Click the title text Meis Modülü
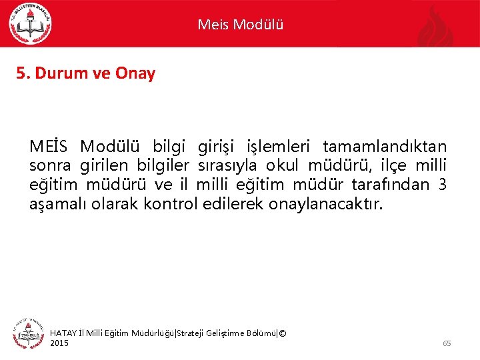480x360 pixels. pyautogui.click(x=240, y=25)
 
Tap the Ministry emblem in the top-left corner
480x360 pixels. pyautogui.click(x=30, y=24)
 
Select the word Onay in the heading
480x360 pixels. pyautogui.click(x=136, y=73)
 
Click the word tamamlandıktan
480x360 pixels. pyautogui.click(x=385, y=146)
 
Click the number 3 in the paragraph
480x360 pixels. pyautogui.click(x=442, y=185)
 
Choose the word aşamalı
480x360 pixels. pyautogui.click(x=55, y=204)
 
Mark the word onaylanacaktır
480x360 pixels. pyautogui.click(x=326, y=204)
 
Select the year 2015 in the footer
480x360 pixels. pyautogui.click(x=59, y=343)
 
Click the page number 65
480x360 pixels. pyautogui.click(x=447, y=343)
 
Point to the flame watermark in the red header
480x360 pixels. pyautogui.click(x=437, y=27)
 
